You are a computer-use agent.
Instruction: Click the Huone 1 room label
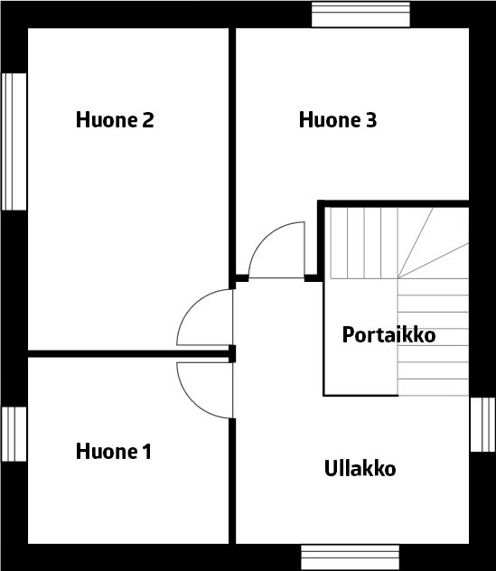click(113, 452)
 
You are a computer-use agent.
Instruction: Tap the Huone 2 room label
click(115, 119)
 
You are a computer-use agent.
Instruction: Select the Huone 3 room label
click(338, 119)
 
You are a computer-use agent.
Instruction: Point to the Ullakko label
click(360, 468)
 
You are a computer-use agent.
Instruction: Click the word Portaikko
click(388, 334)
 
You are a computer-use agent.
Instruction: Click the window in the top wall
click(360, 14)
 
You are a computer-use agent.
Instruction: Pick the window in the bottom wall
click(350, 557)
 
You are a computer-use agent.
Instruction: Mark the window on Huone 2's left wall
click(14, 142)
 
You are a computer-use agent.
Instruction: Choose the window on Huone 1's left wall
click(14, 434)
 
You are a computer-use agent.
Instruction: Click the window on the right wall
click(482, 425)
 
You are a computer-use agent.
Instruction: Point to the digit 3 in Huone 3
click(371, 120)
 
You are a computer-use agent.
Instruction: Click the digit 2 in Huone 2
click(148, 120)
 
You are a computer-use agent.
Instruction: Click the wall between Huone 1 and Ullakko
click(232, 482)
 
